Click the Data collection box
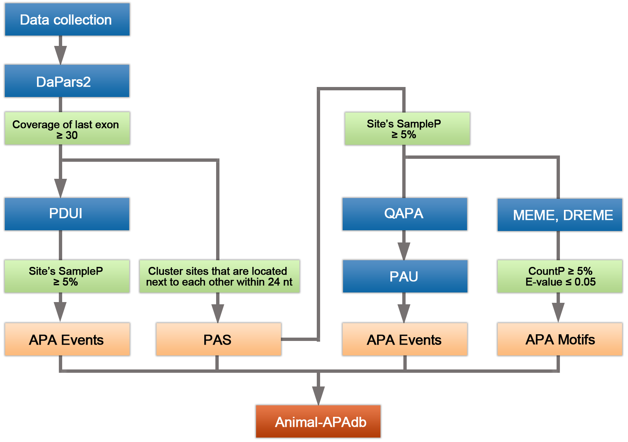(67, 20)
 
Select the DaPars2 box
(67, 81)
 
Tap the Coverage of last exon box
(67, 129)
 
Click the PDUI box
(67, 214)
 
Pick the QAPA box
(404, 214)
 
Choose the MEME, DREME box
(559, 215)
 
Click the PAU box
(404, 277)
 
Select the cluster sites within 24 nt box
(219, 277)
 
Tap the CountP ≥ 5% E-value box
(559, 277)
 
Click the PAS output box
(218, 339)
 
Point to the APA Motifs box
(559, 339)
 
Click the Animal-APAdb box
(318, 422)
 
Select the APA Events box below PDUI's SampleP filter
(67, 339)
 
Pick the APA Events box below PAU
(404, 339)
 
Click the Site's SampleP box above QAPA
(406, 129)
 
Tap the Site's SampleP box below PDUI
(67, 277)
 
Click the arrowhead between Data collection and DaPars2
(60, 54)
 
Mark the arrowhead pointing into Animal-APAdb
(318, 395)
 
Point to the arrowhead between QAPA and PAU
(404, 250)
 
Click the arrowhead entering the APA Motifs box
(558, 311)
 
